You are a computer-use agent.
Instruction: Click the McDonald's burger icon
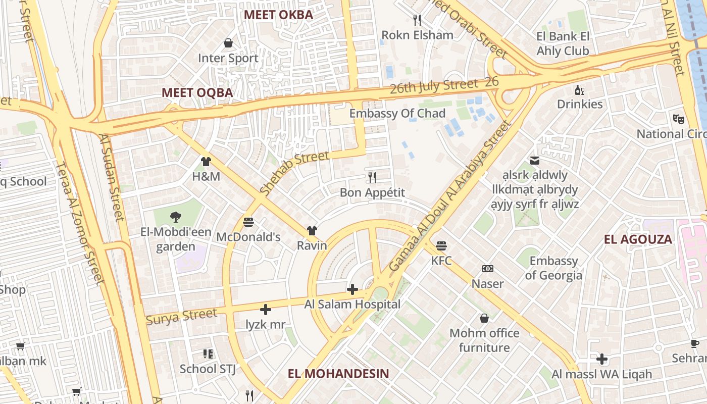coord(248,222)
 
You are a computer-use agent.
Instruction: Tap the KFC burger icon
coord(441,246)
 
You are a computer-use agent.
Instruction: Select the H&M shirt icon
coord(206,162)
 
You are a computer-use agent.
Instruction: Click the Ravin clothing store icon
coord(312,231)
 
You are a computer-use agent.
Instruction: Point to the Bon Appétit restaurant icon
coord(372,177)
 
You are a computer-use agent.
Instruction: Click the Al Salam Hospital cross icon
coord(352,289)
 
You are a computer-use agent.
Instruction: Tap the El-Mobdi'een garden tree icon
coord(175,217)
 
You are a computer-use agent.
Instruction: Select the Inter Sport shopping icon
coord(228,43)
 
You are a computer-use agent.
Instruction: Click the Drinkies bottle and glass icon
coord(580,90)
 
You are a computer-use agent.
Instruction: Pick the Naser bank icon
coord(487,269)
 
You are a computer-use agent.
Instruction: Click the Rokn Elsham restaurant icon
coord(417,20)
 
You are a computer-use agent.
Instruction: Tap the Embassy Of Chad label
coord(397,113)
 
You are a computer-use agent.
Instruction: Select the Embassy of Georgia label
coord(553,268)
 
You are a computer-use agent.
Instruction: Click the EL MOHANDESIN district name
coord(338,374)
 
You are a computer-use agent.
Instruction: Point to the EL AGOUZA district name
coord(638,239)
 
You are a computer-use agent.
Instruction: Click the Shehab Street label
coord(294,173)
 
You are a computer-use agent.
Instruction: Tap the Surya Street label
coord(181,317)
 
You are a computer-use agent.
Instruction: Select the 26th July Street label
coord(434,86)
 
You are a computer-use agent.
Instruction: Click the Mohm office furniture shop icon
coord(484,318)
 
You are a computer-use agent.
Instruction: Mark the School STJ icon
coord(208,354)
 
